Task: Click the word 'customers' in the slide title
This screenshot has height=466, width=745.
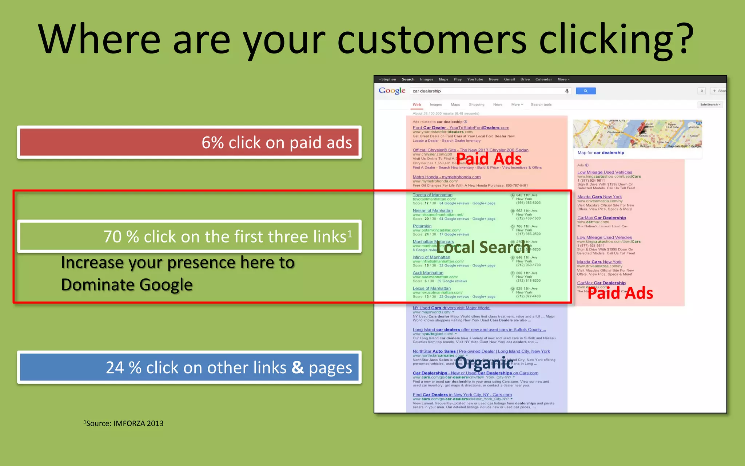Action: pos(432,39)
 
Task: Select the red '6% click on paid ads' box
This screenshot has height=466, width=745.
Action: pos(189,142)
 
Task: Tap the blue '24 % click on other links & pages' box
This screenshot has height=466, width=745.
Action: pos(189,367)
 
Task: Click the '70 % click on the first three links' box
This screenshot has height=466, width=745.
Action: pos(189,236)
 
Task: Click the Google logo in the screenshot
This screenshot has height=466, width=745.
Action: pos(392,91)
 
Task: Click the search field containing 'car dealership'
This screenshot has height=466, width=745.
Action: pos(487,91)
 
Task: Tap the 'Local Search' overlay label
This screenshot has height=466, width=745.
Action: pos(483,248)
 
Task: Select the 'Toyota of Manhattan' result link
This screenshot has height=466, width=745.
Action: pos(433,195)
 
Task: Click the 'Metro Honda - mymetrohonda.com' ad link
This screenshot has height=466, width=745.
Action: pos(446,177)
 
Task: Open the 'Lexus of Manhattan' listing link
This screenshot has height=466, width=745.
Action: pos(431,288)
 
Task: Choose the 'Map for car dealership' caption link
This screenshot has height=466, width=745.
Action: pos(601,153)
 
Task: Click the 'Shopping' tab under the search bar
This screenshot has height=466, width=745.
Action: pos(477,105)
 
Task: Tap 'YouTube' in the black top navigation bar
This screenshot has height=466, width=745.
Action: pos(475,79)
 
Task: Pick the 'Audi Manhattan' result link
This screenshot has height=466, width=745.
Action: pos(428,273)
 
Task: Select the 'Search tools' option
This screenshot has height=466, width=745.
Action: pos(541,105)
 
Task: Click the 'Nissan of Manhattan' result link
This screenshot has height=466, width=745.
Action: pos(433,210)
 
